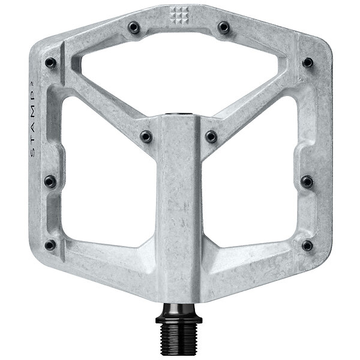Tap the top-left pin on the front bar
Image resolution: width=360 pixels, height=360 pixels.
pyautogui.click(x=134, y=28)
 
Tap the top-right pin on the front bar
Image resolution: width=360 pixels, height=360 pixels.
pyautogui.click(x=223, y=28)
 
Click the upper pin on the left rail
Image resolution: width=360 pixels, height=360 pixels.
pyautogui.click(x=50, y=62)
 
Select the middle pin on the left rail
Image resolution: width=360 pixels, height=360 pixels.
pyautogui.click(x=50, y=181)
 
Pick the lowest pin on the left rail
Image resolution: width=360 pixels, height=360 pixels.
pyautogui.click(x=50, y=245)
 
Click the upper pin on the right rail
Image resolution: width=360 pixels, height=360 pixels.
pyautogui.click(x=308, y=62)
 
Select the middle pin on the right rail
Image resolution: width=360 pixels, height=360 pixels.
pyautogui.click(x=307, y=182)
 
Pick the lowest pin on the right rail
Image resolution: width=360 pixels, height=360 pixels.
pyautogui.click(x=307, y=245)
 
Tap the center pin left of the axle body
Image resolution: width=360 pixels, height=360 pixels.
pyautogui.click(x=146, y=137)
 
